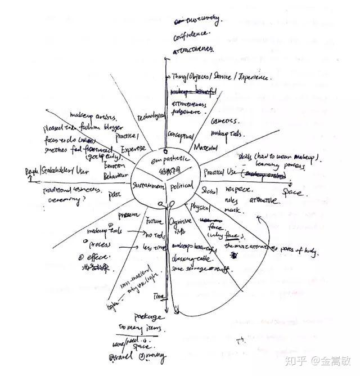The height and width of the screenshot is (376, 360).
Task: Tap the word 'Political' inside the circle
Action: [x=181, y=186]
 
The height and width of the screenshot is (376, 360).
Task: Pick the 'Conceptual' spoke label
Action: [x=181, y=136]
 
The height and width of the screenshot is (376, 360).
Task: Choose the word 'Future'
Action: [x=154, y=220]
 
